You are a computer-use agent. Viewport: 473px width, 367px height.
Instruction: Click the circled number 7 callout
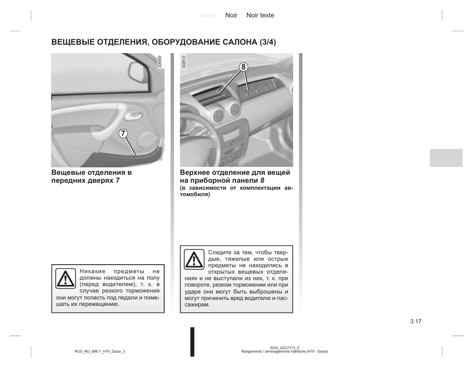(123, 134)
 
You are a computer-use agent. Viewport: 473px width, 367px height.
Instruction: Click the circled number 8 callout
(243, 66)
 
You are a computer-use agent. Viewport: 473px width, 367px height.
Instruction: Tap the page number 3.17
(415, 321)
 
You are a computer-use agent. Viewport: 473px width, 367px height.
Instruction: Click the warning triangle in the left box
(65, 279)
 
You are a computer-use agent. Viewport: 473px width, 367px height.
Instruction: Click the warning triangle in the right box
(193, 260)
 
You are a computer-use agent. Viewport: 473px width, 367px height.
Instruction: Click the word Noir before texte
(232, 15)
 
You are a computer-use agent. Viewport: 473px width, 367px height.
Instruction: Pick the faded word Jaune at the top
(207, 15)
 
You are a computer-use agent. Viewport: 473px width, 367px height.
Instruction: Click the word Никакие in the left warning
(93, 272)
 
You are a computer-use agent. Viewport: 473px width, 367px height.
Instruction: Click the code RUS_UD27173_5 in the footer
(285, 348)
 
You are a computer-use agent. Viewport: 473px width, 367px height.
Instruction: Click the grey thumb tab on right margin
(446, 157)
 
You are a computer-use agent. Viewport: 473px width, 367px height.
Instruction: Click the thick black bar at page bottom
(192, 342)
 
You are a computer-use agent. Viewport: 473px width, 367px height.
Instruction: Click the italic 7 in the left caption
(118, 180)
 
